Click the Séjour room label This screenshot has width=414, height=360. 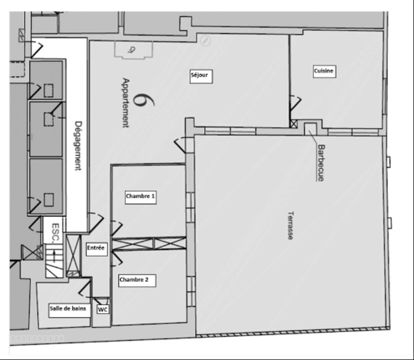201,76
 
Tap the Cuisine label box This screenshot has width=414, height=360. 324,71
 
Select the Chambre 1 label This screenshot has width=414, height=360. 141,197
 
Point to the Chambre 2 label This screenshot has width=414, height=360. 137,281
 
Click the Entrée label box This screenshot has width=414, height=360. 97,249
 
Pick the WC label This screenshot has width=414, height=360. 103,309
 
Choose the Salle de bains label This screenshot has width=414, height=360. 69,310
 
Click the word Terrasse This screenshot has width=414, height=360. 290,225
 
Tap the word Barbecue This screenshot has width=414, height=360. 321,163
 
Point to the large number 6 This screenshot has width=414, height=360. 143,100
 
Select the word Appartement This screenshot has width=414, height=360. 126,103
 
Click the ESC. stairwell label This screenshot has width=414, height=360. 56,233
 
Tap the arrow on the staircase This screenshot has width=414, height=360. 55,256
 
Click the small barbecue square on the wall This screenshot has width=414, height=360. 310,129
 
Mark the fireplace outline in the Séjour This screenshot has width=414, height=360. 133,50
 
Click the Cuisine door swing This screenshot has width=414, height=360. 295,103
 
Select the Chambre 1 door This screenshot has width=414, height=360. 116,228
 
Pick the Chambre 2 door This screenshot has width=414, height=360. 116,259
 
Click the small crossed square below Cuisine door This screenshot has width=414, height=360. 293,124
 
